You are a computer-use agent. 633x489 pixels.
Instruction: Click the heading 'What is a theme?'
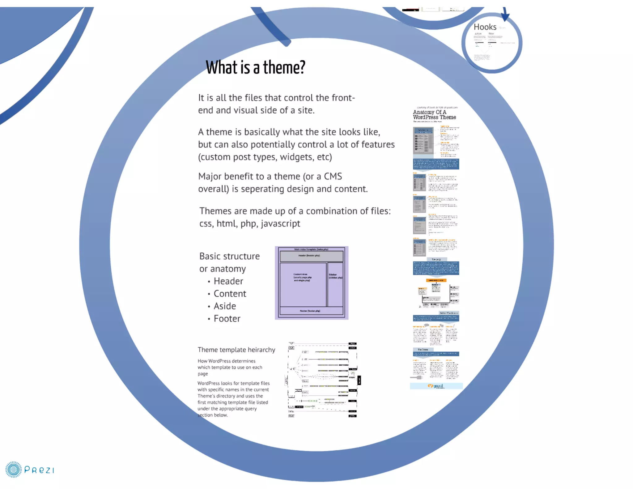[x=255, y=67]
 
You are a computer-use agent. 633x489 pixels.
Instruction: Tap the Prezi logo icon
[x=14, y=470]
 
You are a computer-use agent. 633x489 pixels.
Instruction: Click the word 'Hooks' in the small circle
[x=485, y=27]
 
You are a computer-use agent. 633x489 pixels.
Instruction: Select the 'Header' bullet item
[x=228, y=281]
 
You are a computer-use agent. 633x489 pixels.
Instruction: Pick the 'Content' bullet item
[x=230, y=294]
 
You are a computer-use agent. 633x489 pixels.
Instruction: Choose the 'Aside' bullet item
[x=225, y=306]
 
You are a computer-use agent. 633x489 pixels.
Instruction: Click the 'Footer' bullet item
[x=227, y=319]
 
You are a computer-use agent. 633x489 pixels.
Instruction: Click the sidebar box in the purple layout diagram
[x=335, y=284]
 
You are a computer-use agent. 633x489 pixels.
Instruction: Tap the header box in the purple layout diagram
[x=311, y=256]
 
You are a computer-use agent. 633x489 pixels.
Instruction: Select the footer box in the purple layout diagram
[x=311, y=311]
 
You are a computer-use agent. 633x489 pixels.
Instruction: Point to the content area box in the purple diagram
[x=303, y=284]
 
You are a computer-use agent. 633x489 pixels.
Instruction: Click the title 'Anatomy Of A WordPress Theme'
[x=434, y=115]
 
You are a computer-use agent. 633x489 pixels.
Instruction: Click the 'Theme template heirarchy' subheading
[x=236, y=350]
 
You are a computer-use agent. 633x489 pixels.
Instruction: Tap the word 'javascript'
[x=280, y=223]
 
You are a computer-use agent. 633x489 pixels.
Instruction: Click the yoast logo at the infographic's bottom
[x=436, y=386]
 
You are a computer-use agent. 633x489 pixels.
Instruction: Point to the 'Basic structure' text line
[x=229, y=256]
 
